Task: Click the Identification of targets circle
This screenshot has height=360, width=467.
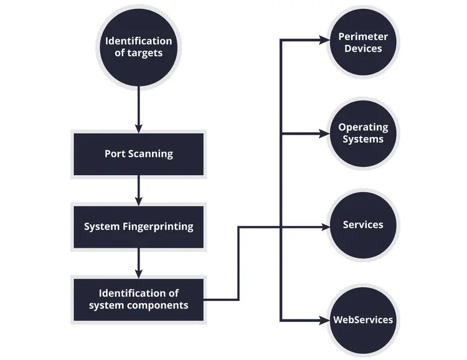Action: (138, 47)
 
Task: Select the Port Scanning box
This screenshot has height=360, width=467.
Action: (138, 153)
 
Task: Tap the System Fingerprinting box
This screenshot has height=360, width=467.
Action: (138, 226)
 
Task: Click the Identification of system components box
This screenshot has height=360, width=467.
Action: (138, 299)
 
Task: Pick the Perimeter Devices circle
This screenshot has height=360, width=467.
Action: (363, 42)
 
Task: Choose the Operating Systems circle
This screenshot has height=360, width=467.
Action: (363, 133)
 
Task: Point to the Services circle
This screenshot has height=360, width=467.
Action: (363, 225)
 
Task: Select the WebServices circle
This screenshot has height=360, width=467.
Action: (363, 320)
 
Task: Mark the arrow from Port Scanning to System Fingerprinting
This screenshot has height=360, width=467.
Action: (138, 189)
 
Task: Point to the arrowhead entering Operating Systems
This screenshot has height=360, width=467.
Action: (323, 133)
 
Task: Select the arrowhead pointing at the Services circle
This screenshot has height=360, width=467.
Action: (323, 227)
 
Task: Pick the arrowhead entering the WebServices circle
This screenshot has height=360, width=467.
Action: (323, 320)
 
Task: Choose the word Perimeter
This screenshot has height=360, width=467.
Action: (363, 37)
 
